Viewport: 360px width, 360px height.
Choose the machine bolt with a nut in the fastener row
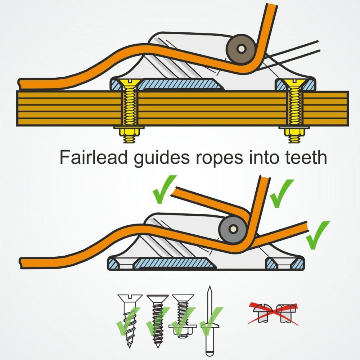[183, 317]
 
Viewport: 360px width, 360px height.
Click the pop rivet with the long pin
[209, 324]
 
